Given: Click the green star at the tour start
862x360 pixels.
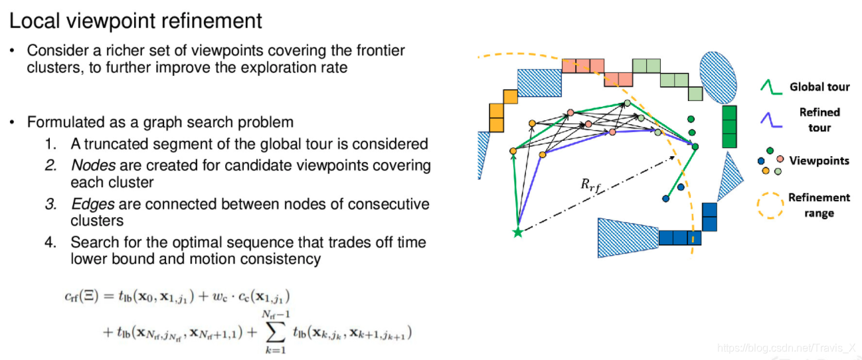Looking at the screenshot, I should (x=517, y=232).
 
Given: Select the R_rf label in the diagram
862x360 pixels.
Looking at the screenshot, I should (x=590, y=185).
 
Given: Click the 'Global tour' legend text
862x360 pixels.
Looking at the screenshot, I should (x=819, y=87).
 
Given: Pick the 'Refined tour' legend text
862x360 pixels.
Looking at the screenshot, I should (x=819, y=120).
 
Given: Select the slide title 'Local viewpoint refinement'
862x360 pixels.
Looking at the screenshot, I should (x=135, y=21).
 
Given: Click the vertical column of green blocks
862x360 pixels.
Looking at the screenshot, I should (x=729, y=126).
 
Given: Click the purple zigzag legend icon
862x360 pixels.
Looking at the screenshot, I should (x=770, y=120).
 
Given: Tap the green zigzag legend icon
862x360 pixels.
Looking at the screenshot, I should (x=770, y=87).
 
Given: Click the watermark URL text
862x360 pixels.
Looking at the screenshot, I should (x=786, y=347).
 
